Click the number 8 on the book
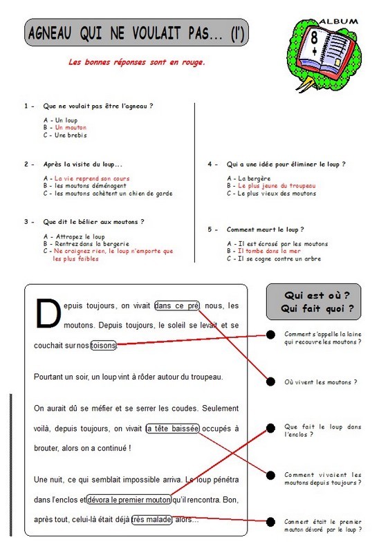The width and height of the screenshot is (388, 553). point(313,37)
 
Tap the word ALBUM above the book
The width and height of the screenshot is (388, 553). point(339,21)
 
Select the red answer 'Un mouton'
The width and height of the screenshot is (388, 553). point(71,127)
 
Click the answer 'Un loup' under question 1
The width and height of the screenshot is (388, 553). point(66,120)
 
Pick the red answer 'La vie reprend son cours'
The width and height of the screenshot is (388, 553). point(92,178)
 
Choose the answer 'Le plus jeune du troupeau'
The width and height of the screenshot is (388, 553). point(277,185)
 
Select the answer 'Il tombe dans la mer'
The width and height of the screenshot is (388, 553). point(269,251)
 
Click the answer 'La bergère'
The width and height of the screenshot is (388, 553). point(255,178)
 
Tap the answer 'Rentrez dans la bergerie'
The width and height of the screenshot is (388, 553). point(92,244)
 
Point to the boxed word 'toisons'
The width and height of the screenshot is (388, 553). point(103,345)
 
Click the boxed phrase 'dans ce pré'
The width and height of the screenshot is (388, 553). point(177,306)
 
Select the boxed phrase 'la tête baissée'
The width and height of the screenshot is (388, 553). point(173,429)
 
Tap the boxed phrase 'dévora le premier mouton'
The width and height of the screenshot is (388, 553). point(129,500)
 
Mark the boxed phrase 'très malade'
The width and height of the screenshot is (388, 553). point(152,520)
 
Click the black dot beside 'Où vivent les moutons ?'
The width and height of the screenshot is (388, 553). point(270,382)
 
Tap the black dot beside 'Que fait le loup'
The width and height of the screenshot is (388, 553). point(270,428)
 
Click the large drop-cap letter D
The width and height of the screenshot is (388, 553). point(48,313)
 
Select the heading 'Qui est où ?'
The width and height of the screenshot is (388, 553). point(317,295)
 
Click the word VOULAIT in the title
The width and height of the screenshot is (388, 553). point(156,33)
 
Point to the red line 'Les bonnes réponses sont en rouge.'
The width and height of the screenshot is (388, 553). point(136,62)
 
